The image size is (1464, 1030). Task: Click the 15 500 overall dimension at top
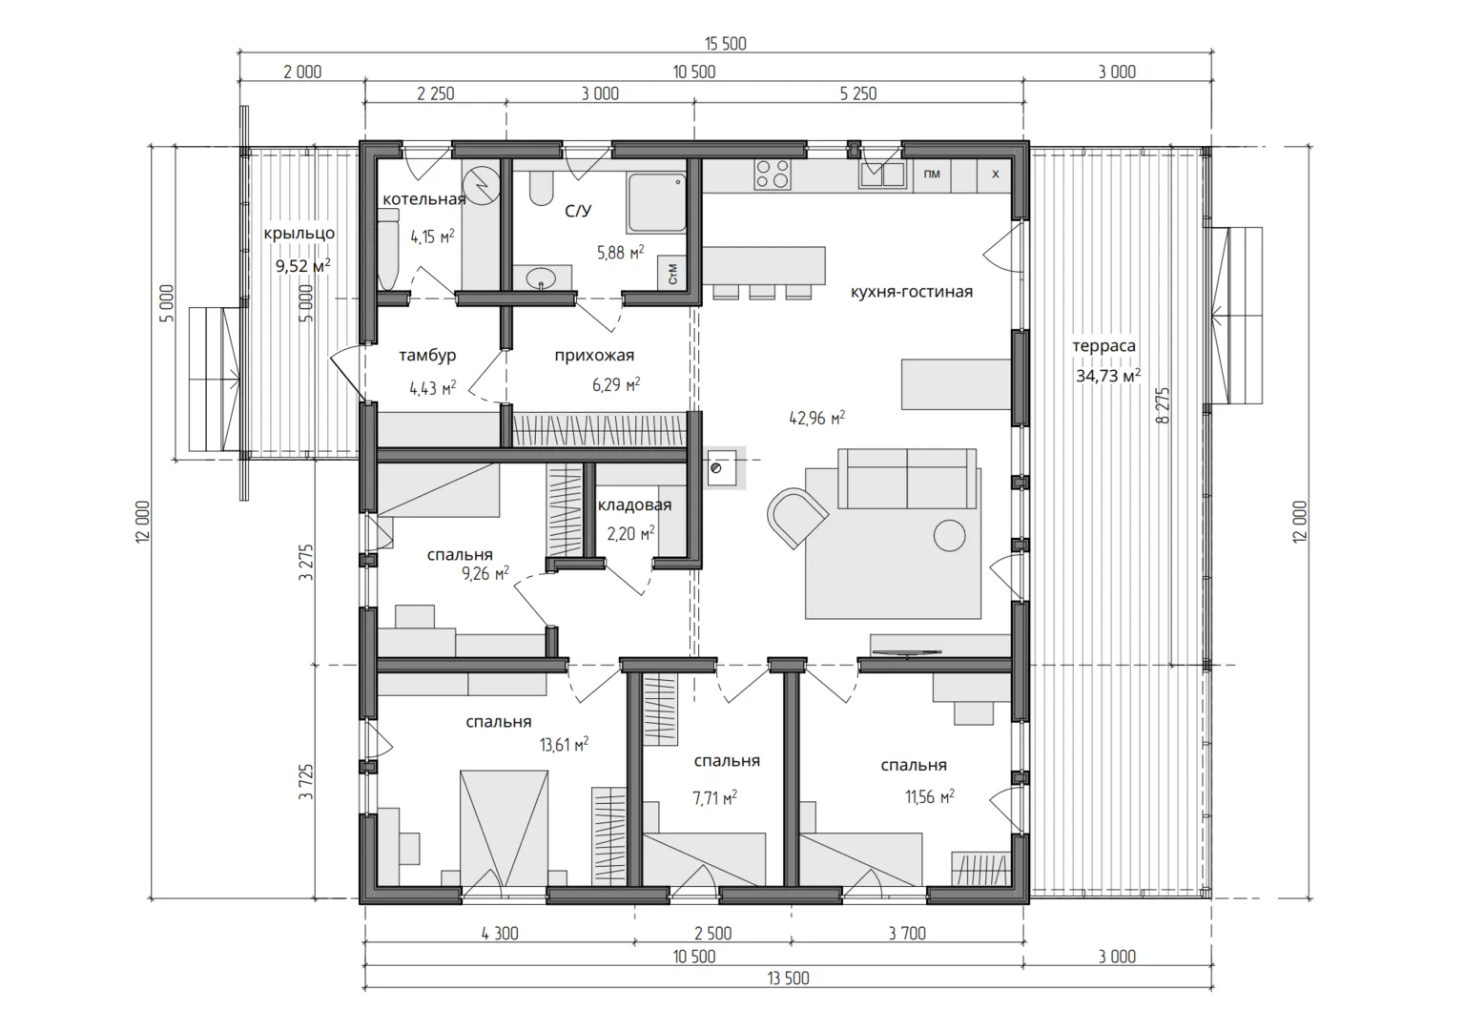pos(726,44)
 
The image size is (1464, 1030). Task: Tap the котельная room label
pos(424,198)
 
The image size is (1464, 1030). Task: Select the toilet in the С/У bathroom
pos(541,188)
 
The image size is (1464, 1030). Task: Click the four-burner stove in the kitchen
pos(772,174)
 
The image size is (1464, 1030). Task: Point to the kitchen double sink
pos(883,175)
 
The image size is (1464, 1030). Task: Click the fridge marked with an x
pos(996,175)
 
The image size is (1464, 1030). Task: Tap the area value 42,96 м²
pos(817,418)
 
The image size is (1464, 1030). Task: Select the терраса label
pos(1103,346)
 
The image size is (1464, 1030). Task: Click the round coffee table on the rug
pos(950,535)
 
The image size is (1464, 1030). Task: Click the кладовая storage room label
pos(634,505)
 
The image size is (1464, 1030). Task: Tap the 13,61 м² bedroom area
pos(564,745)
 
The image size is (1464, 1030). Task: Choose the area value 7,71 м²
pos(715,797)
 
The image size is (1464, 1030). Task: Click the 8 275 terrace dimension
pos(1163,405)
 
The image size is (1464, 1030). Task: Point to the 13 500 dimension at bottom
pos(788,978)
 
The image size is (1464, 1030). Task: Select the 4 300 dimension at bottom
pos(500,934)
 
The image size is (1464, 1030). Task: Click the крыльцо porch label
pos(299,234)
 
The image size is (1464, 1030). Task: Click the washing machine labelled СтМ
pos(672,273)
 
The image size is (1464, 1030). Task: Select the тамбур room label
pos(427,356)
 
